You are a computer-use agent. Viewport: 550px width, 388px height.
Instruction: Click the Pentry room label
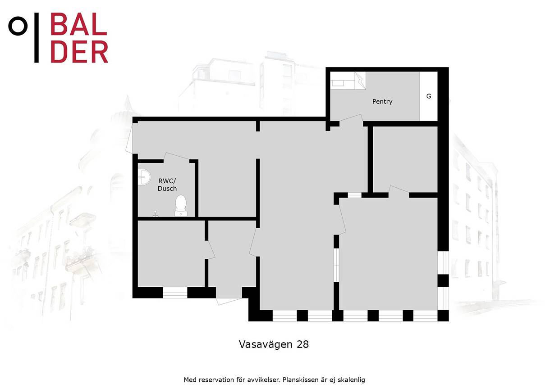tap(382, 102)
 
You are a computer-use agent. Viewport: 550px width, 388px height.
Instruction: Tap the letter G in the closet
tap(429, 96)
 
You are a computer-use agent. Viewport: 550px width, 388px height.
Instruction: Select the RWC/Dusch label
tap(167, 185)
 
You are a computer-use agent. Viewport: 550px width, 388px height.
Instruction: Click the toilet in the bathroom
tap(181, 205)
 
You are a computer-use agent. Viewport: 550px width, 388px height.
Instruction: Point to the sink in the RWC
tap(143, 177)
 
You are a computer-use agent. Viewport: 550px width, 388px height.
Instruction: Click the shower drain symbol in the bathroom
tap(156, 213)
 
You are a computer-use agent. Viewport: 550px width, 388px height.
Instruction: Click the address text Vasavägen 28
tap(274, 344)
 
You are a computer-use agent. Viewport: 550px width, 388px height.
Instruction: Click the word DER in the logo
tap(79, 51)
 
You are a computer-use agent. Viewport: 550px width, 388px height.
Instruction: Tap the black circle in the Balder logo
tap(18, 26)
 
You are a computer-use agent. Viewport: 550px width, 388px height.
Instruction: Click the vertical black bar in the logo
tap(37, 37)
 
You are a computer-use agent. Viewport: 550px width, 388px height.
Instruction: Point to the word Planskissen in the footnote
tap(300, 380)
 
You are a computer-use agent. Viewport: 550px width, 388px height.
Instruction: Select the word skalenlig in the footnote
tap(351, 380)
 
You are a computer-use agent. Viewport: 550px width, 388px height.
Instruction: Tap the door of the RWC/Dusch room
tap(177, 157)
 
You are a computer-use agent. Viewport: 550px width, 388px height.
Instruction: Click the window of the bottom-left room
tap(175, 293)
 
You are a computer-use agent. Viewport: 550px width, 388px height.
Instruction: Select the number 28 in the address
tap(303, 344)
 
